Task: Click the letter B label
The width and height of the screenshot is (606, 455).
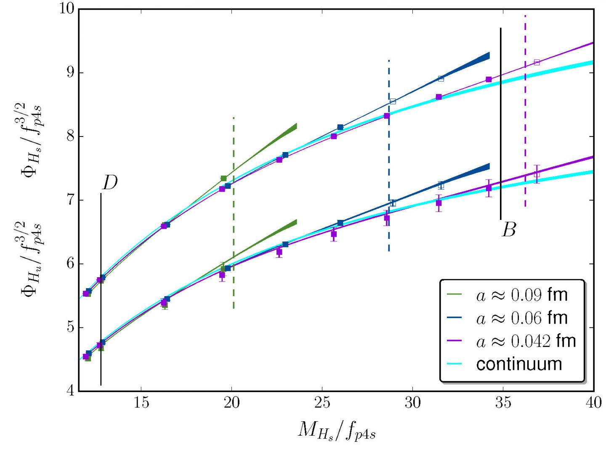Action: (509, 230)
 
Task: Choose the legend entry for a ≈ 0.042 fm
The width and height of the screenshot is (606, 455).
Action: (526, 340)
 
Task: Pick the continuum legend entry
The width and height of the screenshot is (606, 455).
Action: (519, 364)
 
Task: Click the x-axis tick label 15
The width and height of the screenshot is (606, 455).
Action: (141, 404)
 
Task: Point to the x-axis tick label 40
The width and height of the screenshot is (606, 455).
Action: (593, 404)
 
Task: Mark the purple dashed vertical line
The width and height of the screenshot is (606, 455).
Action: (525, 126)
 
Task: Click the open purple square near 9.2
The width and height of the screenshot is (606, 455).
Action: (537, 62)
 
